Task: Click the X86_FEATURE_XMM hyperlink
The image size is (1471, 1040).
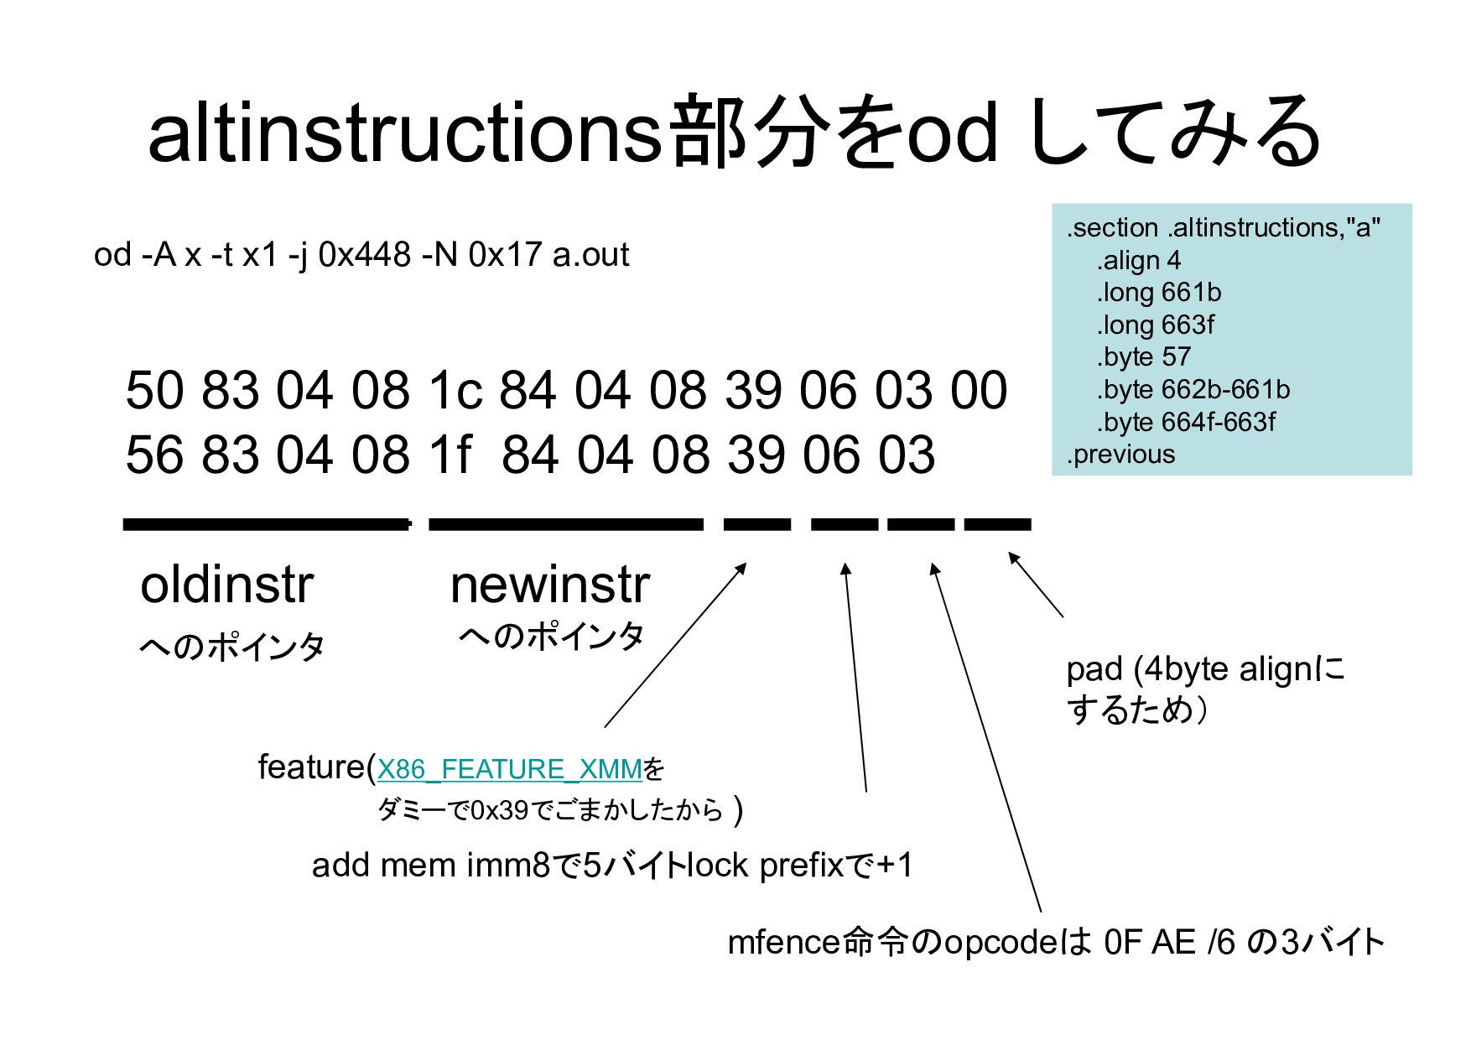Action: pyautogui.click(x=509, y=769)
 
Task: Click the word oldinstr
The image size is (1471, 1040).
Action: pyautogui.click(x=226, y=585)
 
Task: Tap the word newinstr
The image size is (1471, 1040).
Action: pyautogui.click(x=550, y=585)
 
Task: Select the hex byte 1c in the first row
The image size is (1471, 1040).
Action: pyautogui.click(x=455, y=391)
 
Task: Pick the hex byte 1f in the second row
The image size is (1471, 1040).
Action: pyautogui.click(x=450, y=455)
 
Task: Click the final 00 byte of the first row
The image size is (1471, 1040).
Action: pyautogui.click(x=979, y=391)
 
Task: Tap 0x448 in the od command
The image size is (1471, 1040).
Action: pyautogui.click(x=364, y=254)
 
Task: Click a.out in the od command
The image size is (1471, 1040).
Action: pyautogui.click(x=590, y=254)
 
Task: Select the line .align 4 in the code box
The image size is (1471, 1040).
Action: pyautogui.click(x=1138, y=260)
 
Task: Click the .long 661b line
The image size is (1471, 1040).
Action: pyautogui.click(x=1158, y=293)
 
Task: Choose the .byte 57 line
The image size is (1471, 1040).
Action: pyautogui.click(x=1143, y=357)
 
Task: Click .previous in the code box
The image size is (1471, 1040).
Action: pyautogui.click(x=1120, y=455)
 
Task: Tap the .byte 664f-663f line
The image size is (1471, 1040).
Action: pyautogui.click(x=1185, y=422)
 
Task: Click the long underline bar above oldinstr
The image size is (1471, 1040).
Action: pyautogui.click(x=267, y=525)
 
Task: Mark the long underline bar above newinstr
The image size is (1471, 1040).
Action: pyautogui.click(x=566, y=525)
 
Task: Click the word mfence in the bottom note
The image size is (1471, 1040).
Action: pyautogui.click(x=782, y=943)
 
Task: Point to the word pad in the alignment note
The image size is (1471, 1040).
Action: pyautogui.click(x=1094, y=669)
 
